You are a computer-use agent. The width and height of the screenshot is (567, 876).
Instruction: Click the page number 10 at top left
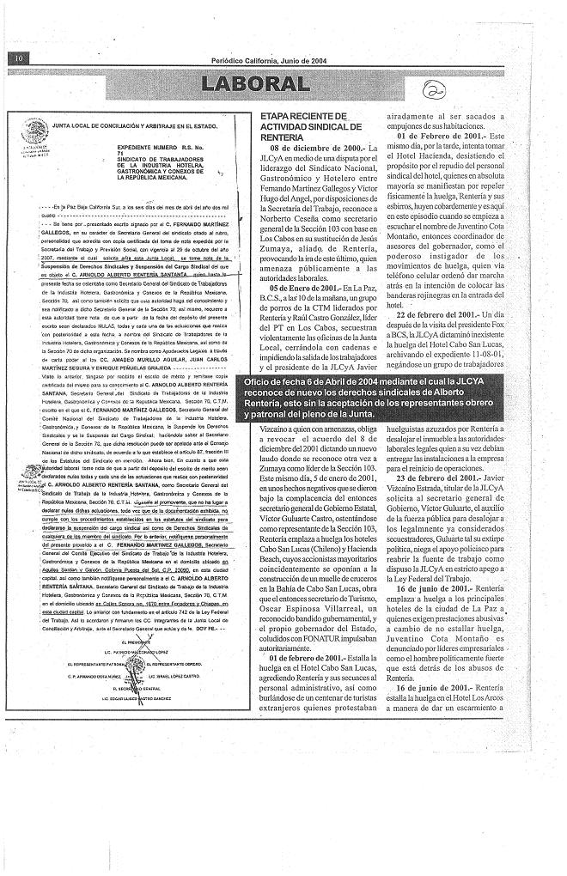(x=17, y=58)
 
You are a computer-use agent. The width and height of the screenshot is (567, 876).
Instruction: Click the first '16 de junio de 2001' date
(x=439, y=636)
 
